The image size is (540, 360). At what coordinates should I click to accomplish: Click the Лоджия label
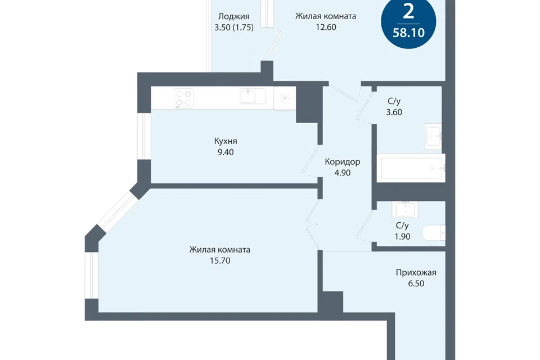234,16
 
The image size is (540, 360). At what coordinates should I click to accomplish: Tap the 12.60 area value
326,27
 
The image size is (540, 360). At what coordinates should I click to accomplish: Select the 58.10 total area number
408,33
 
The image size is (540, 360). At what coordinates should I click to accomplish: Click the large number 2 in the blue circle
408,12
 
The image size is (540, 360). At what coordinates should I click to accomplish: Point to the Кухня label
226,141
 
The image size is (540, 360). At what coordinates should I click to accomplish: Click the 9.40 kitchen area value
226,152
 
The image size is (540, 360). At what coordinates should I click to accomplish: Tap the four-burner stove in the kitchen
183,98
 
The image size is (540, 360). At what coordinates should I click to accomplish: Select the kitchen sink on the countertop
253,96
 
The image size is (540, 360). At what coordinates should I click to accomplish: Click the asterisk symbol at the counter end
285,99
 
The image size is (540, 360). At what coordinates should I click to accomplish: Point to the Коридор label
343,162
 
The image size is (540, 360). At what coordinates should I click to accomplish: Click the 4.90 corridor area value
343,173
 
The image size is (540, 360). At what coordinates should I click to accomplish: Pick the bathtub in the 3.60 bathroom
411,168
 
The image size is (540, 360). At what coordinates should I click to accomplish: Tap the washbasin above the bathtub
433,136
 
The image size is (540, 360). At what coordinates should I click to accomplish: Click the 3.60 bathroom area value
394,112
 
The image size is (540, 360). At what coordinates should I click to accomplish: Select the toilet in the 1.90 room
434,233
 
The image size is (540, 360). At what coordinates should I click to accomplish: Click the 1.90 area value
402,236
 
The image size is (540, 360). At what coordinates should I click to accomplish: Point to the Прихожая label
416,272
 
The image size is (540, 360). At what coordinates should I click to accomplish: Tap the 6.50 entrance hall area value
416,283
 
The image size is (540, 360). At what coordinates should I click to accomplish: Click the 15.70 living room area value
220,260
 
